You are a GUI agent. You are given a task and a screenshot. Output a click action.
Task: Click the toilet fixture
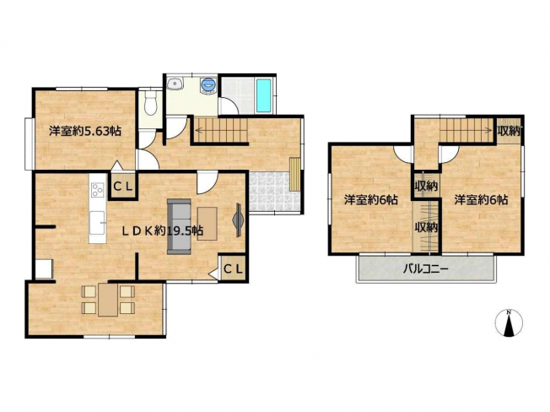(x=151, y=103)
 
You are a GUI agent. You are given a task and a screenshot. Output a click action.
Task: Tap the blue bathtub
(x=263, y=95)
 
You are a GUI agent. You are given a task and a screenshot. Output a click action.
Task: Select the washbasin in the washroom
(x=175, y=84)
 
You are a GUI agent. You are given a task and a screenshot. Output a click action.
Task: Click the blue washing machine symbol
(x=208, y=85)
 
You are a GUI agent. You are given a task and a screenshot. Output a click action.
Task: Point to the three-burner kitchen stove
(x=98, y=190)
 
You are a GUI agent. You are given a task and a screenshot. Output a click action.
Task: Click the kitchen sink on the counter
(x=97, y=223)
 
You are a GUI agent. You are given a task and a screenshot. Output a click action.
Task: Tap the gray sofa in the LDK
(x=179, y=226)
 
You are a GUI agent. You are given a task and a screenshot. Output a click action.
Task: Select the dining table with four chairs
(x=108, y=300)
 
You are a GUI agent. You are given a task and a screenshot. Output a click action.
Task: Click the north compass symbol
(x=509, y=323)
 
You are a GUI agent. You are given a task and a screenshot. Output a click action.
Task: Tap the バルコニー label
(x=425, y=269)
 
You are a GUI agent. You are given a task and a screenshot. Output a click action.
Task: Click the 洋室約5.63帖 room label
(x=85, y=131)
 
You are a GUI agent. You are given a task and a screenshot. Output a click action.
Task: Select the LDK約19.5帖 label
(x=162, y=230)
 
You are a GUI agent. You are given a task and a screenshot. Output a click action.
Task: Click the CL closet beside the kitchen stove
(x=123, y=186)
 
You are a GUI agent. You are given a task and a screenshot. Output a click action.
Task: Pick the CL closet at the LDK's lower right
(x=233, y=268)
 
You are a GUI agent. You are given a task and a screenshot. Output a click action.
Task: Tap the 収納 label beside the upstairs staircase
(x=509, y=131)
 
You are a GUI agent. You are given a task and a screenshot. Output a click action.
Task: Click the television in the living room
(x=238, y=220)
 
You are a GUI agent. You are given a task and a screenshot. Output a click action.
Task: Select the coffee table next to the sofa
(x=207, y=224)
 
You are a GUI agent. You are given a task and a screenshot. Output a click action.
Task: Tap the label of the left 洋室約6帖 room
(x=371, y=200)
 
